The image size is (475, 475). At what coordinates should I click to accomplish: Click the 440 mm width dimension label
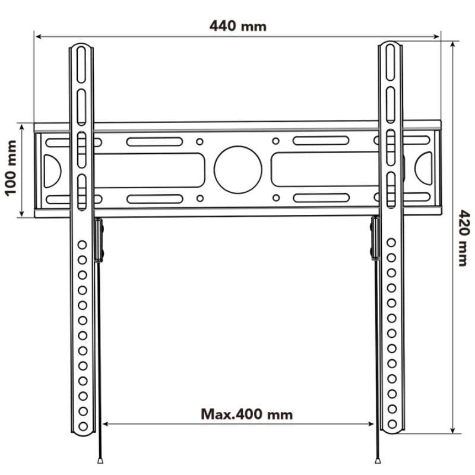238,26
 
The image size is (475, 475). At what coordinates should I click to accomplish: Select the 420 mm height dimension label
463,237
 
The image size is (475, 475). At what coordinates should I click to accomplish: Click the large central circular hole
238,170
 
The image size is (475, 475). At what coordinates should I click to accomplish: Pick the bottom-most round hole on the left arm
83,425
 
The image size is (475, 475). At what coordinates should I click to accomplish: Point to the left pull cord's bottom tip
99,460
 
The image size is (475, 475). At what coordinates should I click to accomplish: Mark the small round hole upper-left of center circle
200,141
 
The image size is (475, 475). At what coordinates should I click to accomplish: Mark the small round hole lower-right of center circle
276,198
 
